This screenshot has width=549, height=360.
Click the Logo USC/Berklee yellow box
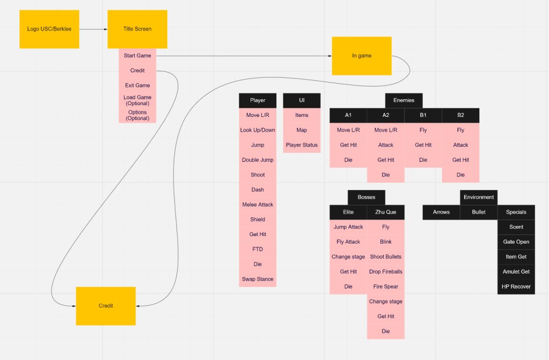pos(49,29)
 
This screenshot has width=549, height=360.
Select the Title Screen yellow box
pos(137,29)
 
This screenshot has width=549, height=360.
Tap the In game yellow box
pos(361,56)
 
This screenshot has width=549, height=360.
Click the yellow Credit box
pos(106,306)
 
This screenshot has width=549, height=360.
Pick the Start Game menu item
pos(137,56)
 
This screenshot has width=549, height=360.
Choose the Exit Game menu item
pos(137,85)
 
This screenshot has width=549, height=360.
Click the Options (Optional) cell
pos(137,115)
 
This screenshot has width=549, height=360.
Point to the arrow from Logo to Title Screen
pos(93,29)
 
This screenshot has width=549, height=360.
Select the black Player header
pos(258,100)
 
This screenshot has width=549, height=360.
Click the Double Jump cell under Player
pos(258,160)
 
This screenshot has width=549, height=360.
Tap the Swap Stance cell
pos(258,279)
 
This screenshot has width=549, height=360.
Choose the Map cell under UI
pos(302,130)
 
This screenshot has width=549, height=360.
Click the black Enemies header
pos(404,100)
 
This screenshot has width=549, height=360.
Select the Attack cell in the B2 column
pos(460,145)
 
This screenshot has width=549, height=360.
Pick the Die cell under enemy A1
pos(348,160)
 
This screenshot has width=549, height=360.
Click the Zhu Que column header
pos(385,212)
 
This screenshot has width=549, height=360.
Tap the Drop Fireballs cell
pos(385,271)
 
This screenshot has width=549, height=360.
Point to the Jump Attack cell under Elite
pos(348,227)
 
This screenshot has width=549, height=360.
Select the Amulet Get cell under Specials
pos(516,271)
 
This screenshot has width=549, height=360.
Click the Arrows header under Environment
pos(441,212)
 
